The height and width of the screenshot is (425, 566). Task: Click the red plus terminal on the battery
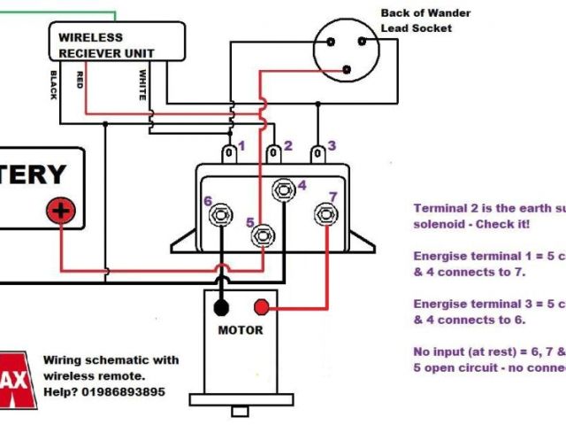tap(61, 211)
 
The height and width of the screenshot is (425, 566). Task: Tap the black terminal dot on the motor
tap(220, 307)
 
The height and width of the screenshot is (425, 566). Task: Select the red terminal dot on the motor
tap(262, 307)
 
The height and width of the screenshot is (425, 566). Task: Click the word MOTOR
tap(241, 330)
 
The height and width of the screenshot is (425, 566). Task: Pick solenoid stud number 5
tap(262, 236)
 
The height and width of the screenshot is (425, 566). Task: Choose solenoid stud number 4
tap(283, 188)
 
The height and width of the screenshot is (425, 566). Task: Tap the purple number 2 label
tap(287, 146)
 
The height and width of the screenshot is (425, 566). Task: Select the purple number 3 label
tap(332, 145)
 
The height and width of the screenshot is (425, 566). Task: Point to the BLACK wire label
tap(54, 85)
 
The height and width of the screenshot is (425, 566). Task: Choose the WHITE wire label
tap(141, 84)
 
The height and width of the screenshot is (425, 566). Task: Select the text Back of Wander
tap(425, 12)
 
